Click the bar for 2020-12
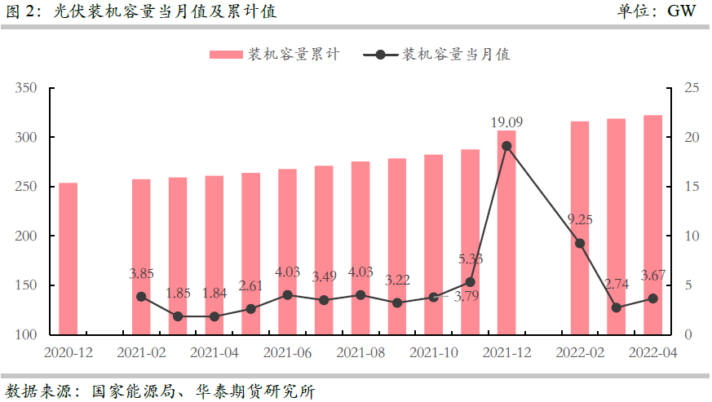(69, 259)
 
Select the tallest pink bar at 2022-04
(652, 226)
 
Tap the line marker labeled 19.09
(506, 146)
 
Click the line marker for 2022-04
(652, 298)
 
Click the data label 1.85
(178, 293)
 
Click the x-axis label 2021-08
(360, 352)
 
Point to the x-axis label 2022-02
(580, 352)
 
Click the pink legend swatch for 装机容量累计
(226, 55)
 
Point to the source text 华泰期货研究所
(254, 390)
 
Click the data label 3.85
(141, 274)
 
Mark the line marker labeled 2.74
(617, 307)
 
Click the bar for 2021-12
(506, 232)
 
